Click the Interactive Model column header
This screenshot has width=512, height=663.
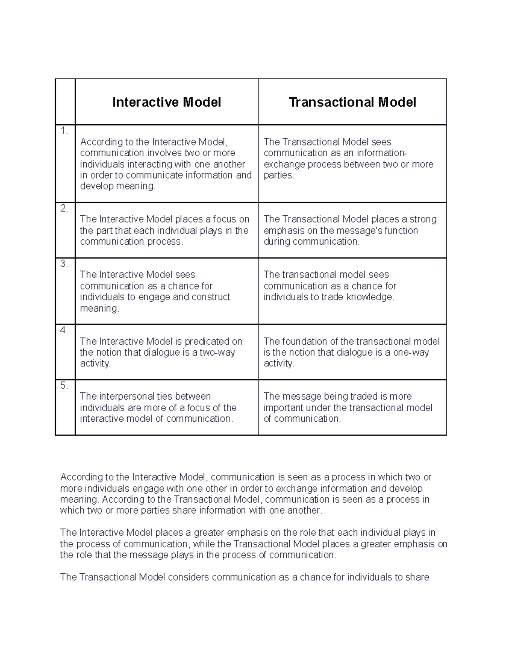pos(166,102)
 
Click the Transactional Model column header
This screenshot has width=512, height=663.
pos(352,102)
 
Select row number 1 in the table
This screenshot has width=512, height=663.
pos(64,131)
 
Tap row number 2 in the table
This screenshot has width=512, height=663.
pos(64,209)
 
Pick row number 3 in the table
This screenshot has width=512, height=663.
pos(64,264)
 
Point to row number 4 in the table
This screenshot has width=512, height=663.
pos(64,330)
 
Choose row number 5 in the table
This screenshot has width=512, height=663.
pos(64,386)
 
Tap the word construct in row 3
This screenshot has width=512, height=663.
pos(211,297)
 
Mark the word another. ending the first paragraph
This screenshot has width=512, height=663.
pos(305,511)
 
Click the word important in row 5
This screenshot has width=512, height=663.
pos(283,408)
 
